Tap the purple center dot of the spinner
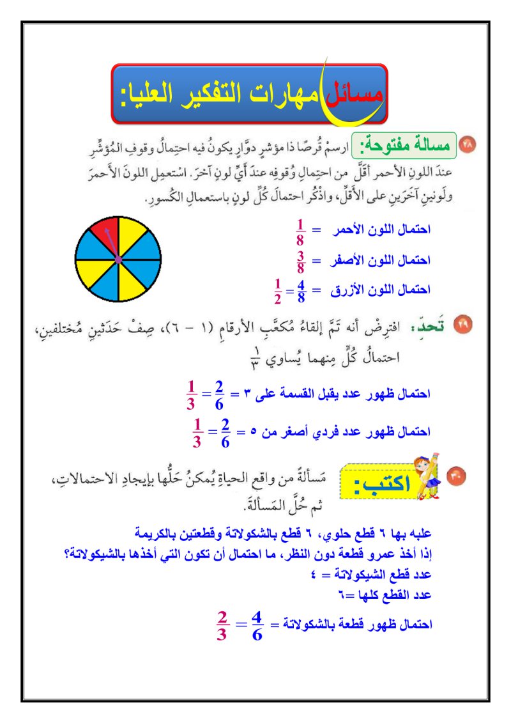pos(118,259)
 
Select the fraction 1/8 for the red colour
pos(300,232)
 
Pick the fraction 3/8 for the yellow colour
pos(300,262)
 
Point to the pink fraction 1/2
pos(277,291)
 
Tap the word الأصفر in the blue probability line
pos(349,261)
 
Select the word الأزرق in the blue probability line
pos(349,290)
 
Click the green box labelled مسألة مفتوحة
pos(404,146)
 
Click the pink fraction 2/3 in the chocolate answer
pos(222,625)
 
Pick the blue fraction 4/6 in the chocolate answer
pos(257,625)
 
